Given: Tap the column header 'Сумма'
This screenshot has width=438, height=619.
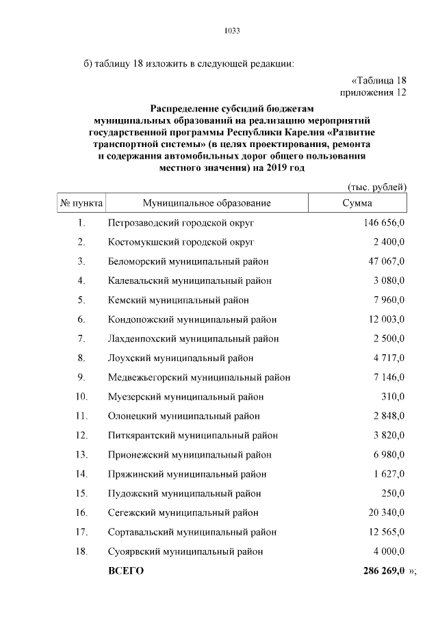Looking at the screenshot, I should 357,203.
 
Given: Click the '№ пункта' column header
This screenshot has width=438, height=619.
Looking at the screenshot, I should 81,203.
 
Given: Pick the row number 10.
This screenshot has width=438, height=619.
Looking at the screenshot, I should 81,396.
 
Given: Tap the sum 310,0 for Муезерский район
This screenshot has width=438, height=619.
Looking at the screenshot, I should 393,396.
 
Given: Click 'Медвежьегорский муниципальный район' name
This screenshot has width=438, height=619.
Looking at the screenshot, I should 198,377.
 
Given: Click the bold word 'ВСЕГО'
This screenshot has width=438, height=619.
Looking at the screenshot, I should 126,571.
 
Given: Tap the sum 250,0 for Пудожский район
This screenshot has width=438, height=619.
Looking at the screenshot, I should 393,493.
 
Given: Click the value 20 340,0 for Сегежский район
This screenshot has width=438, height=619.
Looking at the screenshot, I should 385,512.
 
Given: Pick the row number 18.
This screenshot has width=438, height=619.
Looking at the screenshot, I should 81,551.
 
